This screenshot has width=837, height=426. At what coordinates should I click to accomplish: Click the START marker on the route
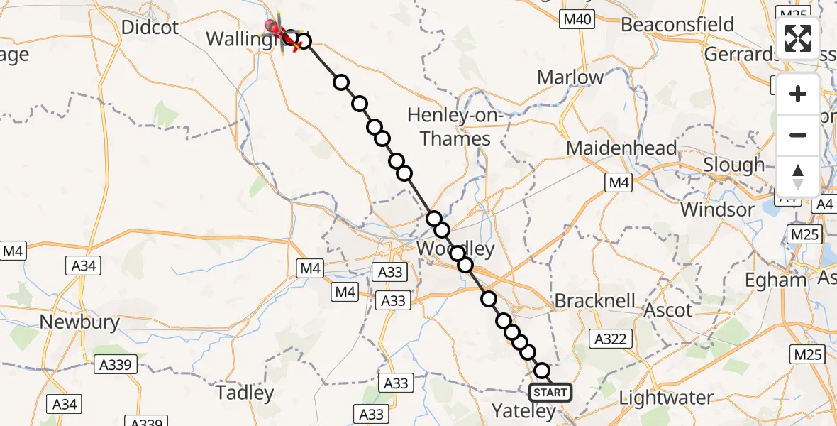pos(550,392)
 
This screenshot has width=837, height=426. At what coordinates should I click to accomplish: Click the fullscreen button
pos(798,38)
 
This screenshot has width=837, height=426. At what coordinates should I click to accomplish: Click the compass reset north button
pos(798,177)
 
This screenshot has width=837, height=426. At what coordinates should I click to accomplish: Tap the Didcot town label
pos(150,28)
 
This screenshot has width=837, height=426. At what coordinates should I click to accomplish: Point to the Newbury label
pos(79,322)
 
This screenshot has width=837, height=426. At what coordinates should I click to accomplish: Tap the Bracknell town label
pos(595,300)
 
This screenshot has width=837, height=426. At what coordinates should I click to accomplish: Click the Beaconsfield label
pos(677,24)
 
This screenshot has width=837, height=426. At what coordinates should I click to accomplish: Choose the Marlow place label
pos(570,77)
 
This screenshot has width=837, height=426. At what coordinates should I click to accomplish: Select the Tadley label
pos(245,393)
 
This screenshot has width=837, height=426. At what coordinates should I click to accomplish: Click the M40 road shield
pos(576,20)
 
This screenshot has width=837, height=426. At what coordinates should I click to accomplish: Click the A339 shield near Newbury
pos(115,365)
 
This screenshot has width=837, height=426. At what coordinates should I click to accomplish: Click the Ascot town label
pos(667,310)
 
